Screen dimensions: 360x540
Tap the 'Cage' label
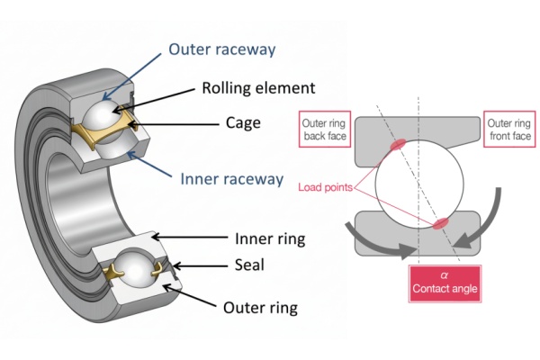pos(243,121)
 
